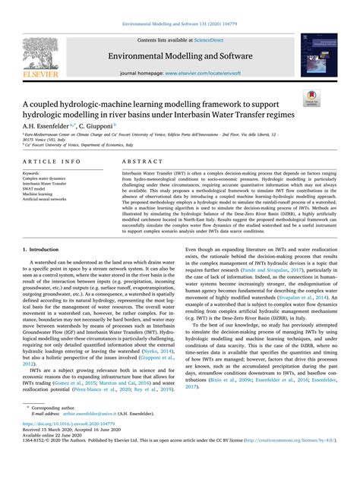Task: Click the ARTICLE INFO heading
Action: pos(52,162)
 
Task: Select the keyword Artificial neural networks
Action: pos(45,199)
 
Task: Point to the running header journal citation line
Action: pos(180,24)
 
